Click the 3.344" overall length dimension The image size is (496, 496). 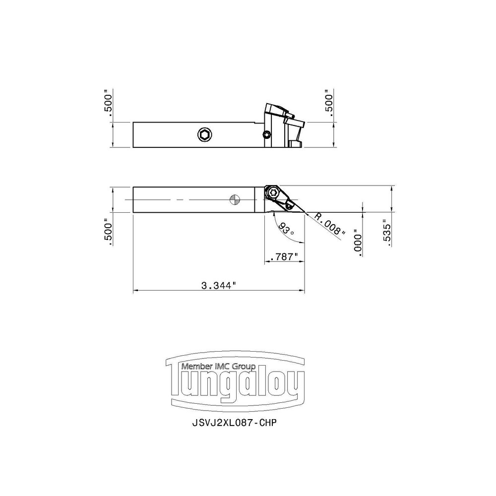tap(218, 285)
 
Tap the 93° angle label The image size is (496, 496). tap(286, 230)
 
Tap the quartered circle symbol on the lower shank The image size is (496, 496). tap(235, 199)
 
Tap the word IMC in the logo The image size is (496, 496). tap(221, 367)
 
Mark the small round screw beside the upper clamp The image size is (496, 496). tap(267, 134)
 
